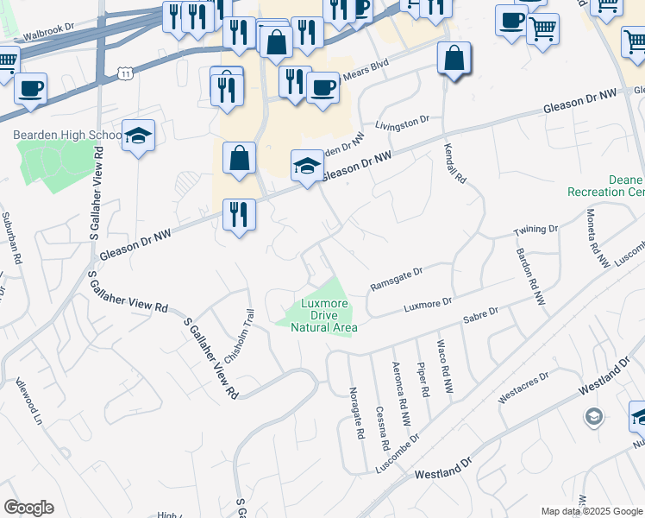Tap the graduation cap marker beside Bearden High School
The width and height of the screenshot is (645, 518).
point(138,136)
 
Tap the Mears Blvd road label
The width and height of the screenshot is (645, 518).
point(362,75)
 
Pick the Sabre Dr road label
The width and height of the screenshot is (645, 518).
point(481,314)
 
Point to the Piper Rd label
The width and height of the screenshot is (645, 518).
point(423,380)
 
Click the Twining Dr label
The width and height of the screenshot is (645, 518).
point(536,231)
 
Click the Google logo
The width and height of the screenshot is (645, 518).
point(28,508)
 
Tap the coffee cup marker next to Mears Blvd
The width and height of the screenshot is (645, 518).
point(322,87)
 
